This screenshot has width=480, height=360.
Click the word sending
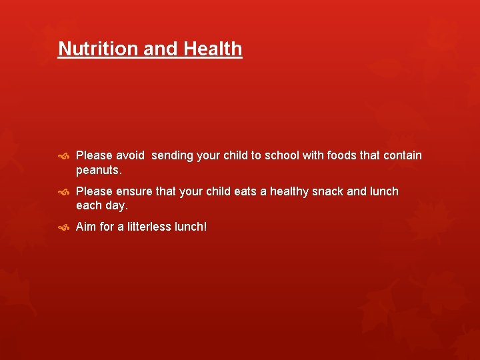point(175,155)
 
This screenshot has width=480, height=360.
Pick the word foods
point(343,155)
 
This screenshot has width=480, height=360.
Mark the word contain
point(401,155)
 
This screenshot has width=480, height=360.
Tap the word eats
point(245,191)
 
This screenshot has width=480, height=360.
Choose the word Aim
point(86,227)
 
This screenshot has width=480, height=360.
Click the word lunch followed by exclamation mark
point(191,227)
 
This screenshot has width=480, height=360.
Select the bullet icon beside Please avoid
point(63,156)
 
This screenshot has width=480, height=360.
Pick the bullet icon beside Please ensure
point(63,192)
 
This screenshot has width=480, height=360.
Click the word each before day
point(88,206)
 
